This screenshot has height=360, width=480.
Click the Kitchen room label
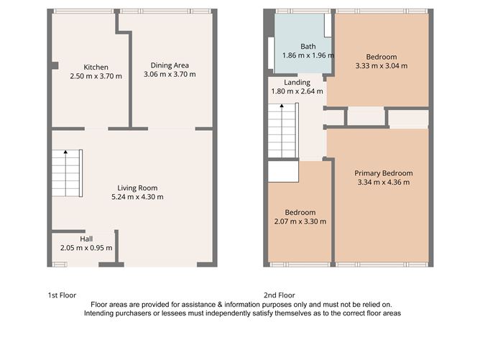(x=96, y=65)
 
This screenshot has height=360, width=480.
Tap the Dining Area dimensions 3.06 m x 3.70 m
(x=170, y=75)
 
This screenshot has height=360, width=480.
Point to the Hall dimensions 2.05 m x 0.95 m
(x=86, y=248)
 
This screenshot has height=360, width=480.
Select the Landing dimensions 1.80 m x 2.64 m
(x=297, y=91)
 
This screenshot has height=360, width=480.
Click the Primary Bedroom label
(x=384, y=173)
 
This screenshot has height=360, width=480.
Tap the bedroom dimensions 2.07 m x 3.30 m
(x=300, y=221)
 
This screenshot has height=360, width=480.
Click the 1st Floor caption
(x=62, y=295)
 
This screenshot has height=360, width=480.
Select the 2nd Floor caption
(x=280, y=295)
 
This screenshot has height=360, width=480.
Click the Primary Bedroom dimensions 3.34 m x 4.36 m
(x=384, y=183)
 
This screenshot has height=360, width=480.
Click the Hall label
(x=86, y=239)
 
